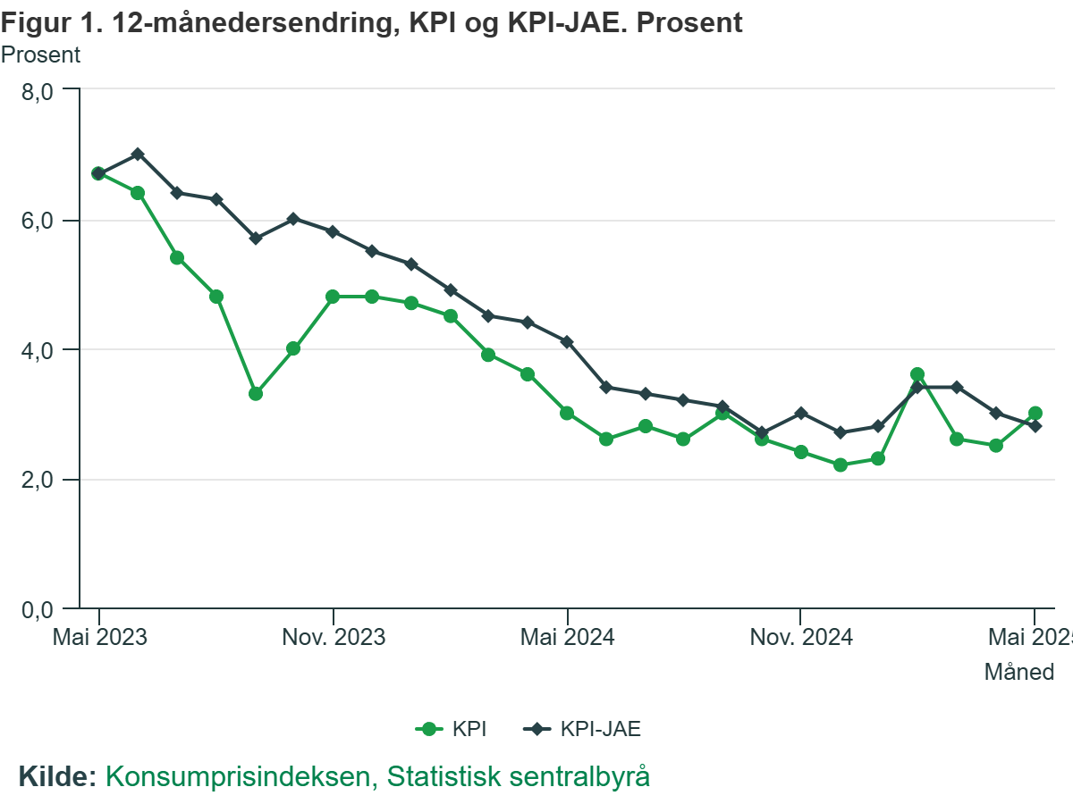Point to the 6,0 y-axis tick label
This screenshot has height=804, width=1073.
(x=37, y=221)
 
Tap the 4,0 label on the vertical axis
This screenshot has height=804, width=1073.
(x=37, y=350)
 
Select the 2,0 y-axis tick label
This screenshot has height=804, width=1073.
(x=37, y=481)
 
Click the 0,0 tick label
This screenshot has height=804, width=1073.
(x=37, y=610)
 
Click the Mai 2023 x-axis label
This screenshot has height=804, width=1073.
(x=99, y=638)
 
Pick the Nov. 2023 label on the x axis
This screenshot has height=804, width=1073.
(x=333, y=638)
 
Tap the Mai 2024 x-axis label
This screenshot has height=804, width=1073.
(x=567, y=638)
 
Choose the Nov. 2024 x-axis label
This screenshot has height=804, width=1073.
(x=800, y=638)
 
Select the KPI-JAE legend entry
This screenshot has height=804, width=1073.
(x=583, y=729)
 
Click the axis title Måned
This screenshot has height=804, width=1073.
(x=1019, y=672)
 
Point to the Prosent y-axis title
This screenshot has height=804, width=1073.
(x=40, y=54)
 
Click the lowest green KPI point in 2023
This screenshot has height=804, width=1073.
(x=255, y=394)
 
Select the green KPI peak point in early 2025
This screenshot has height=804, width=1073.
(x=917, y=374)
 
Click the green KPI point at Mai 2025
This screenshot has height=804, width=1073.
(x=1035, y=414)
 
